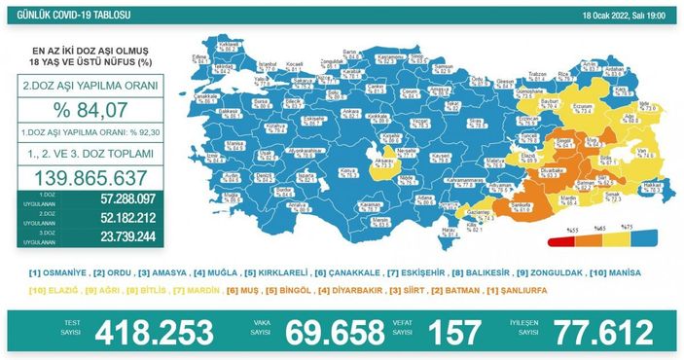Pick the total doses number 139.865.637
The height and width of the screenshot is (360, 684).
click(x=90, y=178)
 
